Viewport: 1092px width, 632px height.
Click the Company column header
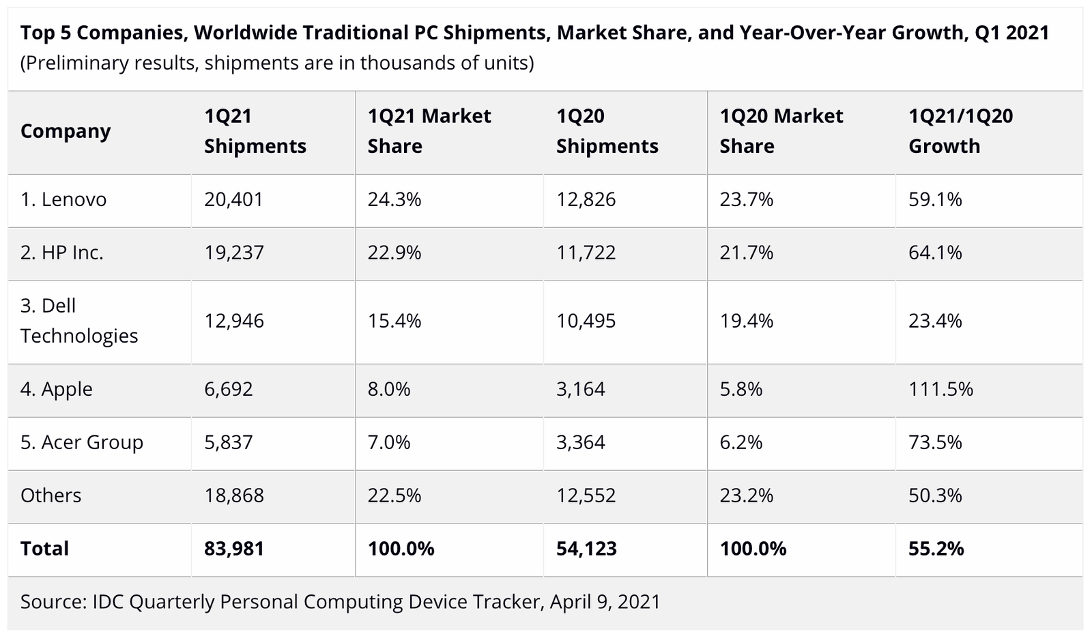(x=66, y=131)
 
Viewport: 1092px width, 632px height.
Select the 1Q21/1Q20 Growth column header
(x=960, y=131)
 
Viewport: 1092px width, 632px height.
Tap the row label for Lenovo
(x=63, y=199)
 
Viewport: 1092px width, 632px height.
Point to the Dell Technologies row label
(x=78, y=321)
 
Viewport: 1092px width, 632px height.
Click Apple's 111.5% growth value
(x=940, y=389)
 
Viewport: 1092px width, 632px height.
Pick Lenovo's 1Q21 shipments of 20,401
(x=233, y=199)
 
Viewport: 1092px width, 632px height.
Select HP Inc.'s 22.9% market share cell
(x=394, y=253)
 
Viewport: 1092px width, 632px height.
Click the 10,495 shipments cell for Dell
(x=586, y=321)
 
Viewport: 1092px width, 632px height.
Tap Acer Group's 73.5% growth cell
(x=935, y=442)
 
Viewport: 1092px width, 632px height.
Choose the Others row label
(x=51, y=495)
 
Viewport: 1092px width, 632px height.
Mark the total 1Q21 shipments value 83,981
(x=234, y=549)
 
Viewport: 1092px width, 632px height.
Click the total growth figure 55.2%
(x=936, y=549)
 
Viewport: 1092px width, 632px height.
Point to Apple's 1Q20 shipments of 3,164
(x=580, y=389)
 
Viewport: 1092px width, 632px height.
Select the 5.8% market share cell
(x=741, y=389)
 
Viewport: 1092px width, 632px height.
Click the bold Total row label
(x=44, y=549)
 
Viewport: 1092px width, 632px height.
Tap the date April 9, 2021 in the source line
(x=605, y=602)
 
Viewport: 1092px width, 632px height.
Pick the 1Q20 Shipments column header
(x=607, y=131)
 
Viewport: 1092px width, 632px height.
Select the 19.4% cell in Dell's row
(x=747, y=321)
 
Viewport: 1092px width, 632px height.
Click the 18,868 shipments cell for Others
(x=234, y=495)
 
